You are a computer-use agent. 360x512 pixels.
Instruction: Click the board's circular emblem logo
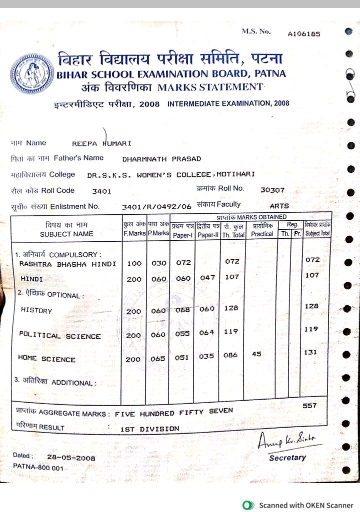(x=31, y=74)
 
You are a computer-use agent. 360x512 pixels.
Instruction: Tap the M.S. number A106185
(x=304, y=34)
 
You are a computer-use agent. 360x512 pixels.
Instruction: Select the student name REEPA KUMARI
(x=101, y=143)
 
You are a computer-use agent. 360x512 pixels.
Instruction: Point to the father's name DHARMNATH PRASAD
(x=161, y=159)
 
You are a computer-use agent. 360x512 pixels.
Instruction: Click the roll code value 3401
(x=102, y=191)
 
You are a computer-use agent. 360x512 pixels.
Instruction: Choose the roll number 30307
(x=272, y=190)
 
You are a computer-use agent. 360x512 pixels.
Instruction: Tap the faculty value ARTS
(x=279, y=206)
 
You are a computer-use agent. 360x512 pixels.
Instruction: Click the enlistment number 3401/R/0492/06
(x=156, y=206)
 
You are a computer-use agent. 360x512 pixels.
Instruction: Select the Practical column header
(x=261, y=234)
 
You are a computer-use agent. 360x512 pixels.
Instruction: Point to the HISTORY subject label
(x=36, y=310)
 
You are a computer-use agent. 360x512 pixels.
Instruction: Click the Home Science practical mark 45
(x=256, y=354)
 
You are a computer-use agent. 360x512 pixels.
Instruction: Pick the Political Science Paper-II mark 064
(x=207, y=332)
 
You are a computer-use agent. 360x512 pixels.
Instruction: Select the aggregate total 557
(x=309, y=406)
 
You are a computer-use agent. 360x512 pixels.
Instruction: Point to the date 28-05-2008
(x=71, y=457)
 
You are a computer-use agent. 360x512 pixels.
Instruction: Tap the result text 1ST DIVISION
(x=149, y=429)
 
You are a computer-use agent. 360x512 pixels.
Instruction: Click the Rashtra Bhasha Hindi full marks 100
(x=134, y=263)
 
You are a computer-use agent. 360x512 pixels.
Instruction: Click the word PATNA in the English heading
(x=270, y=74)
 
